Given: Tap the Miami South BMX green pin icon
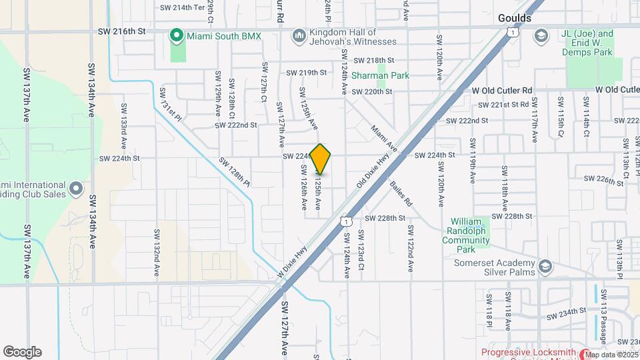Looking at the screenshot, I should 177,34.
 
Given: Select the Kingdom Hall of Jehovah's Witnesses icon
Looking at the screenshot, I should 299,34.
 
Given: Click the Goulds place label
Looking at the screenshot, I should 515,18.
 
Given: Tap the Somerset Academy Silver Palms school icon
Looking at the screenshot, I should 545,267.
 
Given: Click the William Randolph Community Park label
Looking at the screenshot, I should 470,235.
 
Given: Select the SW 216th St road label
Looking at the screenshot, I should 121,31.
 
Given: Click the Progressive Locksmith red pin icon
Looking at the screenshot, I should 585,353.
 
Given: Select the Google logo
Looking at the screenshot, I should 22,351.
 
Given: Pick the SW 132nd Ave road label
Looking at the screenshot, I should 158,253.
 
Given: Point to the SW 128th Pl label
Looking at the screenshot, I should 234,172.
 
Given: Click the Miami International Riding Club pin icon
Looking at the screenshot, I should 75,189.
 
